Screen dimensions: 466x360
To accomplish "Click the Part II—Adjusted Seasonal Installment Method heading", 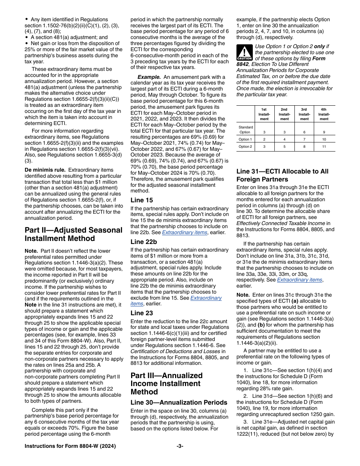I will pos(74,234).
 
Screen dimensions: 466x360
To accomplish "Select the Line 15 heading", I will pos(142,200).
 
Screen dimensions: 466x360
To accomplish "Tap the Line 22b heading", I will pos(144,241).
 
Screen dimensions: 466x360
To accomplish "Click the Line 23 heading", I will pos(142,313).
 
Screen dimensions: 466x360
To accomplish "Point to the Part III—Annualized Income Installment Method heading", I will pos(166,383).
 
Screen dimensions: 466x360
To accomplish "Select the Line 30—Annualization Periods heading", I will pos(179,402).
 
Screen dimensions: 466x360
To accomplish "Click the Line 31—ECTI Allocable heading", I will pos(282,175).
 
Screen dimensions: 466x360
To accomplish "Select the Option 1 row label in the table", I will pos(245,139).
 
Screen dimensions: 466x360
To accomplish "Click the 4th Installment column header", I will pos(324,114).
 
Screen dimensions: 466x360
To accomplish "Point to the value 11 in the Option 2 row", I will pos(324,147).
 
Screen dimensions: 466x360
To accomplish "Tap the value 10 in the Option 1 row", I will pos(324,139).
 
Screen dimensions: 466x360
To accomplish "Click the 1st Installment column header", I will pos(264,114).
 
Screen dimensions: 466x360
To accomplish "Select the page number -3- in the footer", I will pos(180,446).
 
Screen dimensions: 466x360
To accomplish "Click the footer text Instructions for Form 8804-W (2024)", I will pos(70,446).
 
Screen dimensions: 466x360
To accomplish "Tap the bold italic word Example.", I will pos(148,77).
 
